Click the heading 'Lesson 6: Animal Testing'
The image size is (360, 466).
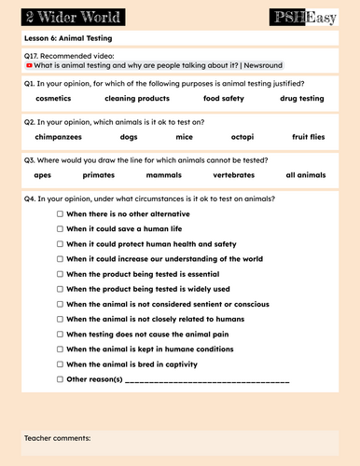(x=67, y=39)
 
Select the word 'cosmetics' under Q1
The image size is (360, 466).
(x=54, y=98)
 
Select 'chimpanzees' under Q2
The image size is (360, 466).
(x=58, y=136)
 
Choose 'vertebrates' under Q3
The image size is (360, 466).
(x=233, y=174)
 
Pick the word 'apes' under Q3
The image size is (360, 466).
(x=43, y=174)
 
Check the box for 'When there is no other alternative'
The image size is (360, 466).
(x=61, y=213)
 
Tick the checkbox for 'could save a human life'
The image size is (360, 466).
(x=61, y=228)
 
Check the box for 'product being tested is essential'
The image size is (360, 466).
(x=61, y=274)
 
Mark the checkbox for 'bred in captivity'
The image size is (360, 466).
(x=61, y=364)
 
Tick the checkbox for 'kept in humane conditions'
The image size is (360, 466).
(x=61, y=349)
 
